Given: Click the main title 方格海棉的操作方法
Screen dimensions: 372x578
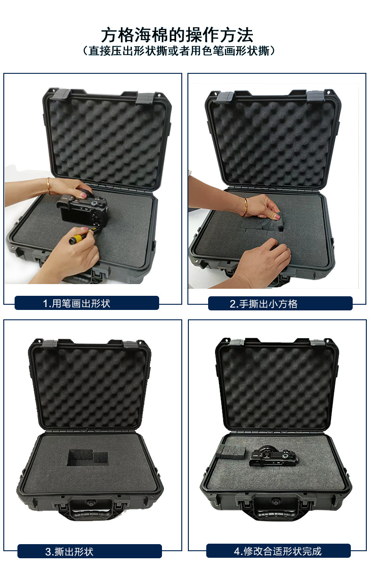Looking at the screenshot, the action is tap(177, 35).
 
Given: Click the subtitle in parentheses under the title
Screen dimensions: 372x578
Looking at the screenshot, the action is tap(179, 51).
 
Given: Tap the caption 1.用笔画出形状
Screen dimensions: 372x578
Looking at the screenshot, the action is tap(76, 303).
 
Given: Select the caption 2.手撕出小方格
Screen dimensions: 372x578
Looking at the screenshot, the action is tap(264, 304).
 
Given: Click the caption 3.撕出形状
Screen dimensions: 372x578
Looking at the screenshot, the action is tap(69, 552).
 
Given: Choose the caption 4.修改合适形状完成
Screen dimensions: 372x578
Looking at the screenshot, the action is tap(278, 551).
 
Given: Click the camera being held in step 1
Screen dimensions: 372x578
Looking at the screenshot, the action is tap(83, 210).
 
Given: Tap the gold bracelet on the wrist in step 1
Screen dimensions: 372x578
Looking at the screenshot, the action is tap(49, 186).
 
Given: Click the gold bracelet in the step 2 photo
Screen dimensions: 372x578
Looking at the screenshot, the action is tap(245, 206).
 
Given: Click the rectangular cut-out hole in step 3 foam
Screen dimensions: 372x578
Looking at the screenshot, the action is tap(87, 458).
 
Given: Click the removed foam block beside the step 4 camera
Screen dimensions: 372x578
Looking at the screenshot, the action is tap(231, 452).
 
